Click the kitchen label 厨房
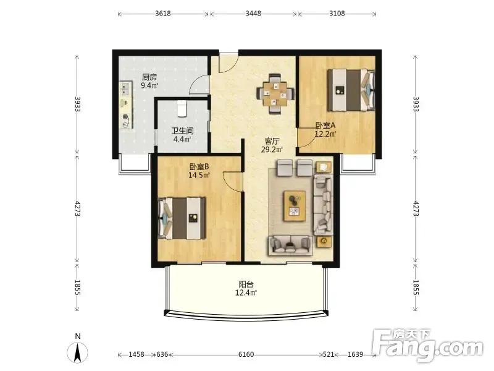pyautogui.click(x=149, y=77)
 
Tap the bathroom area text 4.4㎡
pyautogui.click(x=182, y=139)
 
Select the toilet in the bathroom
pyautogui.click(x=182, y=109)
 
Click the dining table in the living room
pyautogui.click(x=275, y=93)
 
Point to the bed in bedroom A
pyautogui.click(x=351, y=90)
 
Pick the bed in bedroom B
pyautogui.click(x=182, y=218)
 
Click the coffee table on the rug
pyautogui.click(x=295, y=206)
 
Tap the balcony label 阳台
pyautogui.click(x=246, y=284)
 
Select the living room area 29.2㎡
pyautogui.click(x=272, y=149)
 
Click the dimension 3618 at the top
pyautogui.click(x=163, y=14)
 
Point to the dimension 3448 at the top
pyautogui.click(x=253, y=14)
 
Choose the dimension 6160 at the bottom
pyautogui.click(x=246, y=354)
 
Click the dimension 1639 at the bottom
pyautogui.click(x=355, y=354)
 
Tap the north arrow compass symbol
pyautogui.click(x=78, y=352)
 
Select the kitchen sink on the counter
pyautogui.click(x=125, y=89)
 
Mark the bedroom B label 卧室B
pyautogui.click(x=199, y=166)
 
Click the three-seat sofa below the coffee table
pyautogui.click(x=290, y=245)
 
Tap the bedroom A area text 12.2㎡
pyautogui.click(x=325, y=134)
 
